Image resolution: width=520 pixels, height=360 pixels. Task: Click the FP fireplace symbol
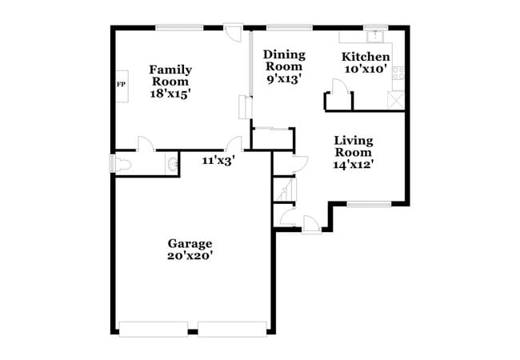(121, 84)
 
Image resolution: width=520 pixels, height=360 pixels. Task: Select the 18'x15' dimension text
(170, 94)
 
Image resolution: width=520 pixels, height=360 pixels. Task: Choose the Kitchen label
(366, 57)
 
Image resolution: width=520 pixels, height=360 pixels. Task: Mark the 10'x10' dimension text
(366, 70)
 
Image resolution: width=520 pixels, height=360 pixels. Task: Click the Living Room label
(353, 146)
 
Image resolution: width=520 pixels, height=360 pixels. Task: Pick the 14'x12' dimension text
(353, 165)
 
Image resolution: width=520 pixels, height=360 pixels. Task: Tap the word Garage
(190, 243)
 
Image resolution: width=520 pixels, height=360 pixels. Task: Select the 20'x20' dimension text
(190, 256)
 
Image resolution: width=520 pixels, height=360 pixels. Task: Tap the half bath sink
(171, 164)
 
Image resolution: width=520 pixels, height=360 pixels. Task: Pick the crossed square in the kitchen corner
(396, 101)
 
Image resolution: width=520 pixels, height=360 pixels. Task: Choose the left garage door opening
(154, 328)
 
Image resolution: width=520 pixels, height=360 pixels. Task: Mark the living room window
(369, 204)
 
